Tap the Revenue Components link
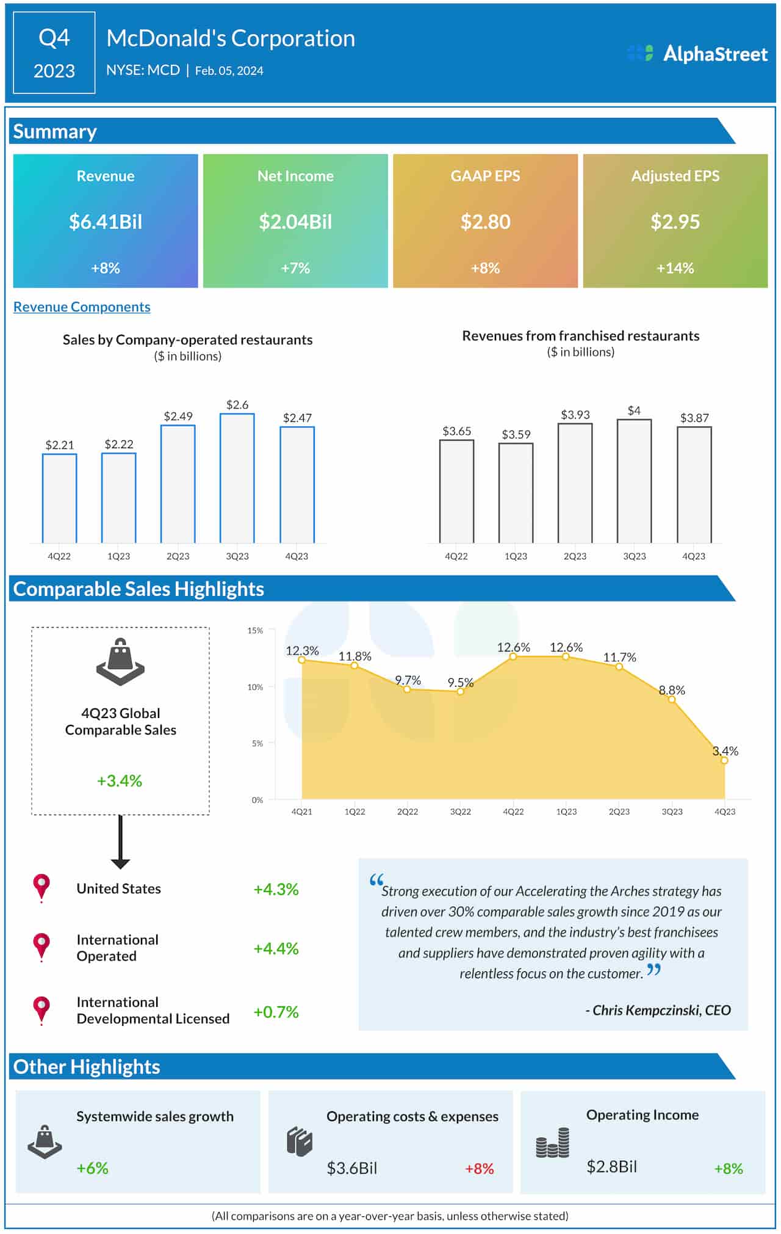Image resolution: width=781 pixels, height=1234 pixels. [82, 307]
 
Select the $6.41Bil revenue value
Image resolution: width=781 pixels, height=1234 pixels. [106, 222]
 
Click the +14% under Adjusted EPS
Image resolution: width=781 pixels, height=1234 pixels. [675, 268]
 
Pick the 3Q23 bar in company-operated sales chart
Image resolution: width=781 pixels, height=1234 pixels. [237, 479]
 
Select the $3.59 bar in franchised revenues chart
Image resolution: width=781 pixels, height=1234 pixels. [516, 493]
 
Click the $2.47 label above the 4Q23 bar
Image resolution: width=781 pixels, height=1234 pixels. [297, 418]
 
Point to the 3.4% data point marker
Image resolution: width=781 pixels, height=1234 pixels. [724, 760]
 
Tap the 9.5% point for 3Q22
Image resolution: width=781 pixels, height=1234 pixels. [461, 692]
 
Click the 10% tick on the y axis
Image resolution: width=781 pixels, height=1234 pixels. [255, 687]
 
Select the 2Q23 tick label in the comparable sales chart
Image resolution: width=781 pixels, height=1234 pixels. [619, 811]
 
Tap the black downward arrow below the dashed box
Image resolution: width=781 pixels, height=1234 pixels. [120, 843]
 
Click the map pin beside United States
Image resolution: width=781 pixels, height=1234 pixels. [41, 887]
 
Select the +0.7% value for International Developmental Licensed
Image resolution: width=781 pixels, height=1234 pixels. [276, 1012]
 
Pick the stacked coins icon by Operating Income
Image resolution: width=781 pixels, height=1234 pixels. [553, 1143]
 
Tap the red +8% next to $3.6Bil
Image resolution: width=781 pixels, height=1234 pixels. [480, 1168]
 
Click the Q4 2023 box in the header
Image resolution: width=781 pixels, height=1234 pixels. [54, 53]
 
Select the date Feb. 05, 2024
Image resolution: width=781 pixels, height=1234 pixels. [229, 71]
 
